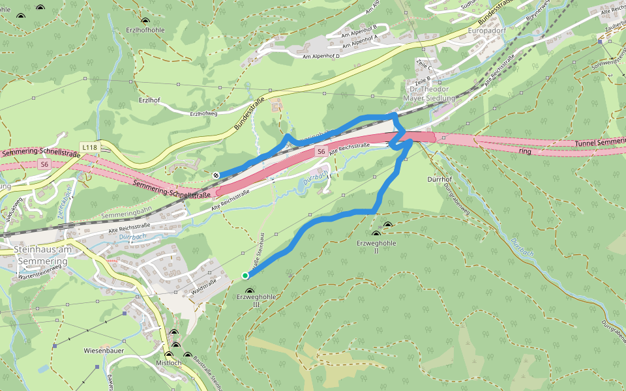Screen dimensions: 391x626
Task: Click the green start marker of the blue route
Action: tap(245, 276)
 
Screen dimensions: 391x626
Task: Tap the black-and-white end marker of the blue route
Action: tap(215, 175)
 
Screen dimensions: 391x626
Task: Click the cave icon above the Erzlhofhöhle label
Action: tap(144, 21)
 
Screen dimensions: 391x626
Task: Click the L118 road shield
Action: tap(90, 148)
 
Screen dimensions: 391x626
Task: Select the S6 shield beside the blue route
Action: tap(321, 152)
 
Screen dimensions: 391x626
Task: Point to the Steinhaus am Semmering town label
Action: tap(40, 255)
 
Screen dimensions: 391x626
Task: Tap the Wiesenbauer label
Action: tap(104, 351)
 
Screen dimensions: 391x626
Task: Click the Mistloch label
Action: tap(169, 363)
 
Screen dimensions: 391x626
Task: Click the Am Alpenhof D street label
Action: tap(331, 57)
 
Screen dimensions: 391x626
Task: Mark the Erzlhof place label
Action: tap(149, 100)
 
